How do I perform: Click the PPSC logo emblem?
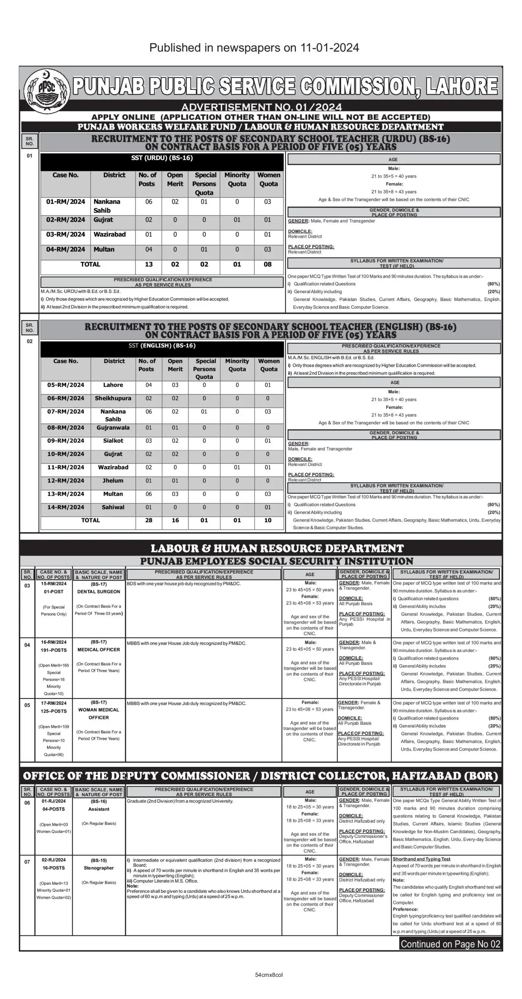[x=46, y=91]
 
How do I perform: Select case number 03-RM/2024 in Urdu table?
[x=65, y=235]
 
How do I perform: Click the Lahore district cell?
[x=113, y=385]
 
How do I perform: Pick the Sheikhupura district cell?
[x=113, y=398]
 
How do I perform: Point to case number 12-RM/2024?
[x=65, y=481]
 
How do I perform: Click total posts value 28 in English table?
[x=149, y=521]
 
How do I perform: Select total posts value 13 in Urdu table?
[x=149, y=265]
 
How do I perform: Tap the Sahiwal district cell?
[x=113, y=507]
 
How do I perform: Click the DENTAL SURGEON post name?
[x=99, y=592]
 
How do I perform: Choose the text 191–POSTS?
[x=54, y=650]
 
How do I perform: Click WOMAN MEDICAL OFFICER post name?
[x=99, y=713]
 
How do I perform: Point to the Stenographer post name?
[x=99, y=868]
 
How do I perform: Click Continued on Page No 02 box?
[x=450, y=944]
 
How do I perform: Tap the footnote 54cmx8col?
[x=269, y=975]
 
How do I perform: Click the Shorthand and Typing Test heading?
[x=421, y=859]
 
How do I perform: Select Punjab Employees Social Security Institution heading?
[x=276, y=562]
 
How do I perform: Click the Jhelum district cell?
[x=113, y=481]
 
